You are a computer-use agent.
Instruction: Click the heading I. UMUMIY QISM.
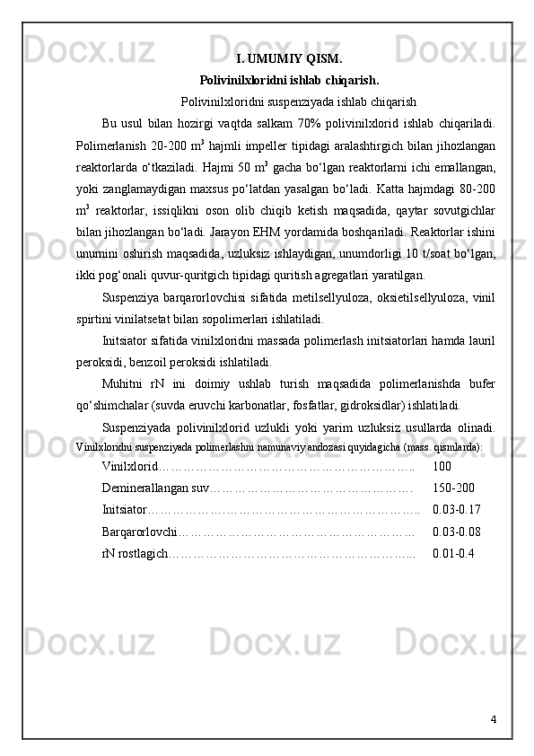[288, 60]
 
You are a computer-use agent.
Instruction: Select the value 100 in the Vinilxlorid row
[442, 467]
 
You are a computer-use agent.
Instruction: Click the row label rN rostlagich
[135, 553]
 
